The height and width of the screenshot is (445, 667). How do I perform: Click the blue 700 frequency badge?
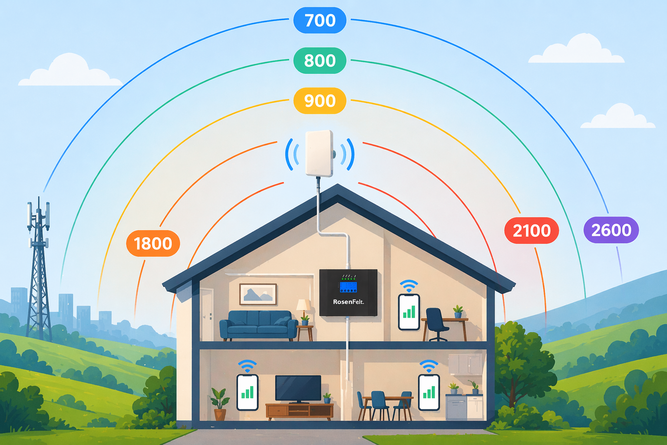(x=320, y=20)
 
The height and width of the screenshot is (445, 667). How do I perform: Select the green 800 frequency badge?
(x=320, y=60)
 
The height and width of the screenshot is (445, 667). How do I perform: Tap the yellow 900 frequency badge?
(x=320, y=101)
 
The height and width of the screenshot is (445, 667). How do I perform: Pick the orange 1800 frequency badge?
(x=153, y=243)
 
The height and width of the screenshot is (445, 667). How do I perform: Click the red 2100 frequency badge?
(x=532, y=230)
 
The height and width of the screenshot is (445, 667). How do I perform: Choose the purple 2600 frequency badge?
(x=611, y=230)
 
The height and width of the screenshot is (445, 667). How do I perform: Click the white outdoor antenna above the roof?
(x=320, y=153)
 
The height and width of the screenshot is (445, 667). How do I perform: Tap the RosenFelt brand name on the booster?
(x=348, y=302)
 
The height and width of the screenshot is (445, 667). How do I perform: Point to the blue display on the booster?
(x=348, y=287)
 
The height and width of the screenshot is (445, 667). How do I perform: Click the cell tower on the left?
(x=38, y=268)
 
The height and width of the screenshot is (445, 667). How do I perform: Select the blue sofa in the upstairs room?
(x=258, y=325)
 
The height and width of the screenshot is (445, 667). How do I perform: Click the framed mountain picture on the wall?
(x=258, y=294)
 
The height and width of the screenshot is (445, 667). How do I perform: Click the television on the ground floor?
(x=298, y=389)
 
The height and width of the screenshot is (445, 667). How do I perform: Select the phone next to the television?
(x=247, y=392)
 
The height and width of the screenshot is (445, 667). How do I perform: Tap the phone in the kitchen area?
(x=429, y=392)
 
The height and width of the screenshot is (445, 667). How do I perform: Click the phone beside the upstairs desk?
(x=409, y=312)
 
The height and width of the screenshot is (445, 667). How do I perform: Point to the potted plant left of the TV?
(x=220, y=404)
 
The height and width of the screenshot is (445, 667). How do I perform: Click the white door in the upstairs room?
(x=207, y=315)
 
